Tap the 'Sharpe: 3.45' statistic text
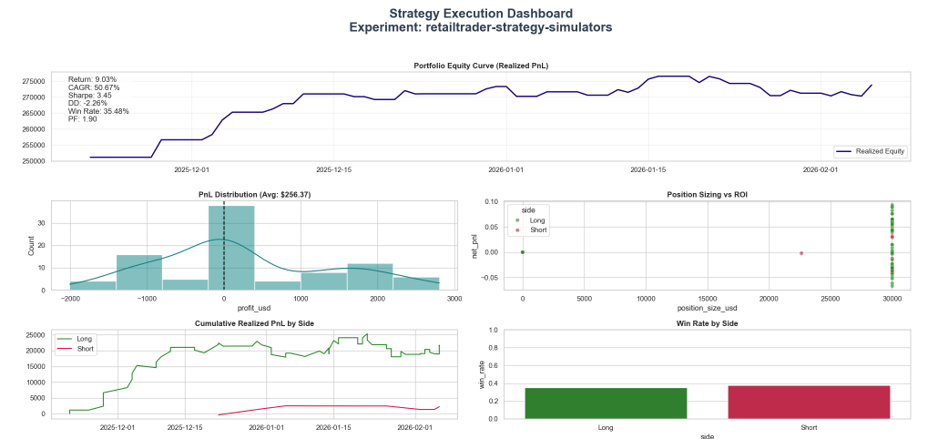[90, 96]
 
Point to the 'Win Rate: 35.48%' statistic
[98, 111]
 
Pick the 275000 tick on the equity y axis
[34, 81]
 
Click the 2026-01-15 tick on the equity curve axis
[648, 169]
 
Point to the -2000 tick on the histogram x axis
[70, 298]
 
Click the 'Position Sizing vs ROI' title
[706, 194]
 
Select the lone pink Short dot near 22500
[801, 253]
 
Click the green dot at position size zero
[522, 252]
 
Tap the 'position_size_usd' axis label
[707, 308]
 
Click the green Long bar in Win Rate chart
[606, 403]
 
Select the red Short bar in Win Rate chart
[809, 402]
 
